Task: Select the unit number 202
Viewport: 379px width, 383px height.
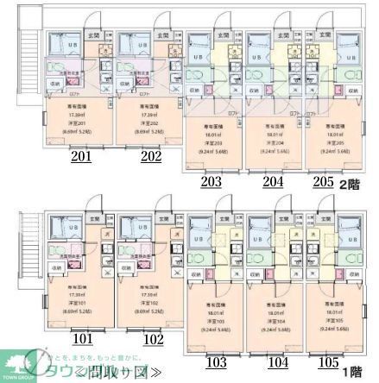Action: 150,156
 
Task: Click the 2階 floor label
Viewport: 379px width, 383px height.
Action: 349,182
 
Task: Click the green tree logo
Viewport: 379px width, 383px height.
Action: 19,363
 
